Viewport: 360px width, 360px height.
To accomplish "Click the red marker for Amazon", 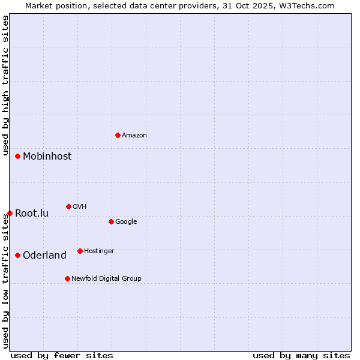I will [x=118, y=135].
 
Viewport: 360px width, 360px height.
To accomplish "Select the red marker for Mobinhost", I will [x=18, y=156].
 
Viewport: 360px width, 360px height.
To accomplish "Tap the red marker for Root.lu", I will [x=10, y=213].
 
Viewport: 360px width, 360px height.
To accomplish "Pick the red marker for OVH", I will [x=68, y=206].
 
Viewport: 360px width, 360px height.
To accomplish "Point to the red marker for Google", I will [x=111, y=221].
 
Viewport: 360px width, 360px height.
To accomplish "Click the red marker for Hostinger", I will [x=80, y=251].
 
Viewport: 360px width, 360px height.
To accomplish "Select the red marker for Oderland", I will [x=18, y=255].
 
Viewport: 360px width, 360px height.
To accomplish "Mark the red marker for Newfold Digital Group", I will [x=67, y=278].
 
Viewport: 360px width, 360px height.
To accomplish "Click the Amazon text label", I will [x=134, y=136].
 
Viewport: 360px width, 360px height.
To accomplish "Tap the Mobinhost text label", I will [x=47, y=157].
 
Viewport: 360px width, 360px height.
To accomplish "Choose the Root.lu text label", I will [x=32, y=214].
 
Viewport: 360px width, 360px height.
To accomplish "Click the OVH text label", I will [x=80, y=207].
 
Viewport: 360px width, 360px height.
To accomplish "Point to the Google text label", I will [x=126, y=222].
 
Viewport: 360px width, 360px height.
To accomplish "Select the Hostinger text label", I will [x=99, y=251].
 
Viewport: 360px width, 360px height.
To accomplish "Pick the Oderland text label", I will [x=44, y=256].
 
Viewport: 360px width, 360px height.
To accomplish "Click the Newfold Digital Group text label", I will [x=106, y=279].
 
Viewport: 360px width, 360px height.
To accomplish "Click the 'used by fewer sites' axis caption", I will [x=62, y=355].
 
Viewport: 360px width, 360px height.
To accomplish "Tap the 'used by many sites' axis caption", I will [x=301, y=355].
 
